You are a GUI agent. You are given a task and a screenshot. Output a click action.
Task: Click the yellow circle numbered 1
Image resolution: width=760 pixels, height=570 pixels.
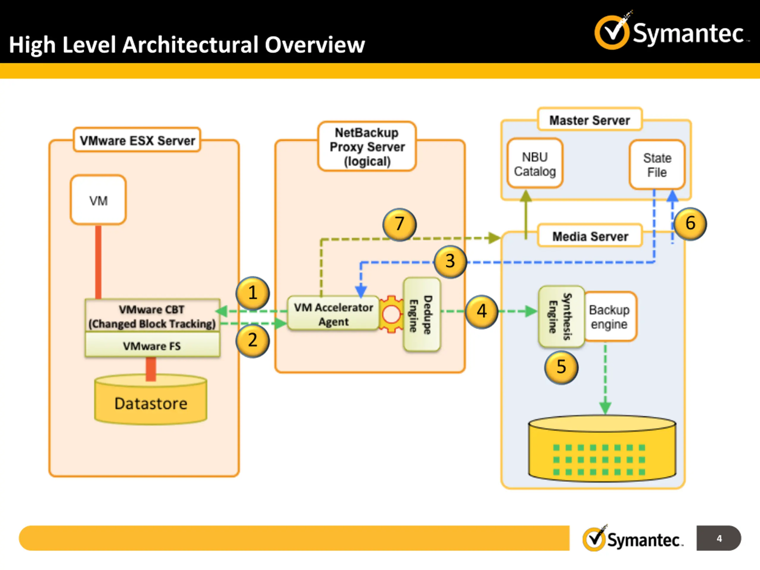coord(253,293)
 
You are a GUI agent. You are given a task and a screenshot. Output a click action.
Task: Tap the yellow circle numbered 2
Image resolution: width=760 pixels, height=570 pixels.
coord(253,341)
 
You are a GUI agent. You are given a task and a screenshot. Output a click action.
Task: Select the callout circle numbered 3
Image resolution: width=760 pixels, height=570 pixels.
coord(450,262)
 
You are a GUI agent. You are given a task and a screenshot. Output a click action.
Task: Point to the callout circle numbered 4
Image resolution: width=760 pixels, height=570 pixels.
coord(482,312)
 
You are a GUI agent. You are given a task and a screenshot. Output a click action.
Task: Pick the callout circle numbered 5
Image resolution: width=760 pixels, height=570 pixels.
coord(561,367)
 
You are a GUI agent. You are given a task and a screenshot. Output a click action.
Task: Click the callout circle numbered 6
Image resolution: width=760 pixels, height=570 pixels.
coord(690,224)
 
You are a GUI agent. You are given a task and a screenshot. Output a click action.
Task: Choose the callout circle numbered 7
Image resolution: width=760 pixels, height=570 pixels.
coord(399,224)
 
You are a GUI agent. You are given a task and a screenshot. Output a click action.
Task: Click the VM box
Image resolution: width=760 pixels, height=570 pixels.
coord(98,200)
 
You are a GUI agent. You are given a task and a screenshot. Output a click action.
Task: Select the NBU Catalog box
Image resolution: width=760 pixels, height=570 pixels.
coord(535,163)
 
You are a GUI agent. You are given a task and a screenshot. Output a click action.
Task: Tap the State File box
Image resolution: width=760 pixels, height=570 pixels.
coord(657,164)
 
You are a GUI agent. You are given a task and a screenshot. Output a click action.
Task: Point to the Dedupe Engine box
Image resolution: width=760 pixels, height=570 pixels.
coord(422,314)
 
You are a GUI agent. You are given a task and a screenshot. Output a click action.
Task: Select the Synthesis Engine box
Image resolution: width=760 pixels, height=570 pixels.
coord(561,316)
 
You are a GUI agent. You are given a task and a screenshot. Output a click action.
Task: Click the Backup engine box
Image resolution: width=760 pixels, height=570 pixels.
coord(610,316)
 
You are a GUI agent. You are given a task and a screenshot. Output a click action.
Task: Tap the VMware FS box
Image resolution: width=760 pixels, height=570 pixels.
coord(153,345)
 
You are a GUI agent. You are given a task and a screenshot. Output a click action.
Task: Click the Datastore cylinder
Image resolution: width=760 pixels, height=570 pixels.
coord(151,400)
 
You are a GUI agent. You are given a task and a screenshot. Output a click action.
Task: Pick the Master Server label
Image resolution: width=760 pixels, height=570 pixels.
coord(590,120)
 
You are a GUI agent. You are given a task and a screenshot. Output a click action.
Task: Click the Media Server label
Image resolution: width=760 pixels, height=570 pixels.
coord(590,236)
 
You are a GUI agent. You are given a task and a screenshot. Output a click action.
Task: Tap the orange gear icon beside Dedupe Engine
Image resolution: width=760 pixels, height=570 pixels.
coord(391,314)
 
